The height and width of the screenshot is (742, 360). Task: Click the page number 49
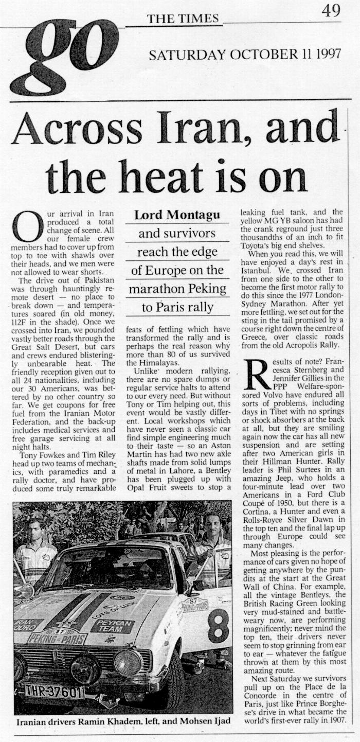pyautogui.click(x=331, y=11)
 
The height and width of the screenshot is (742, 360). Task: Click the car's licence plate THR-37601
pyautogui.click(x=54, y=691)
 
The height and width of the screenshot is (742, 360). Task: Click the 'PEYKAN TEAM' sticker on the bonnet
pyautogui.click(x=113, y=626)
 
